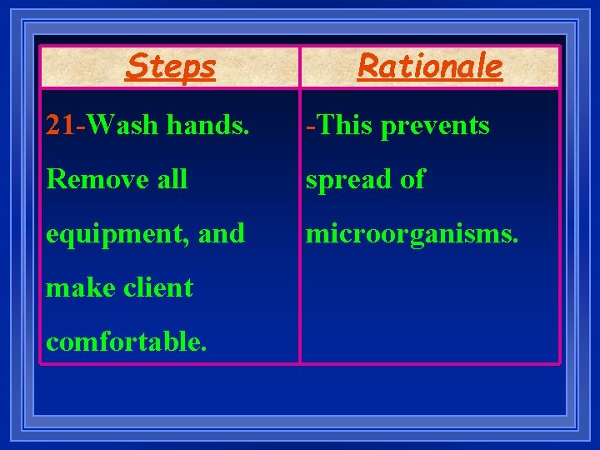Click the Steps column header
pyautogui.click(x=170, y=66)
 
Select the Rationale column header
pyautogui.click(x=430, y=66)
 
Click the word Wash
pyautogui.click(x=122, y=125)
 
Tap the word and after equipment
pyautogui.click(x=222, y=233)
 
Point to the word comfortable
pyautogui.click(x=125, y=342)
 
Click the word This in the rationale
pyautogui.click(x=342, y=125)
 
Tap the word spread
pyautogui.click(x=345, y=180)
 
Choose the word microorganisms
pyautogui.click(x=412, y=234)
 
